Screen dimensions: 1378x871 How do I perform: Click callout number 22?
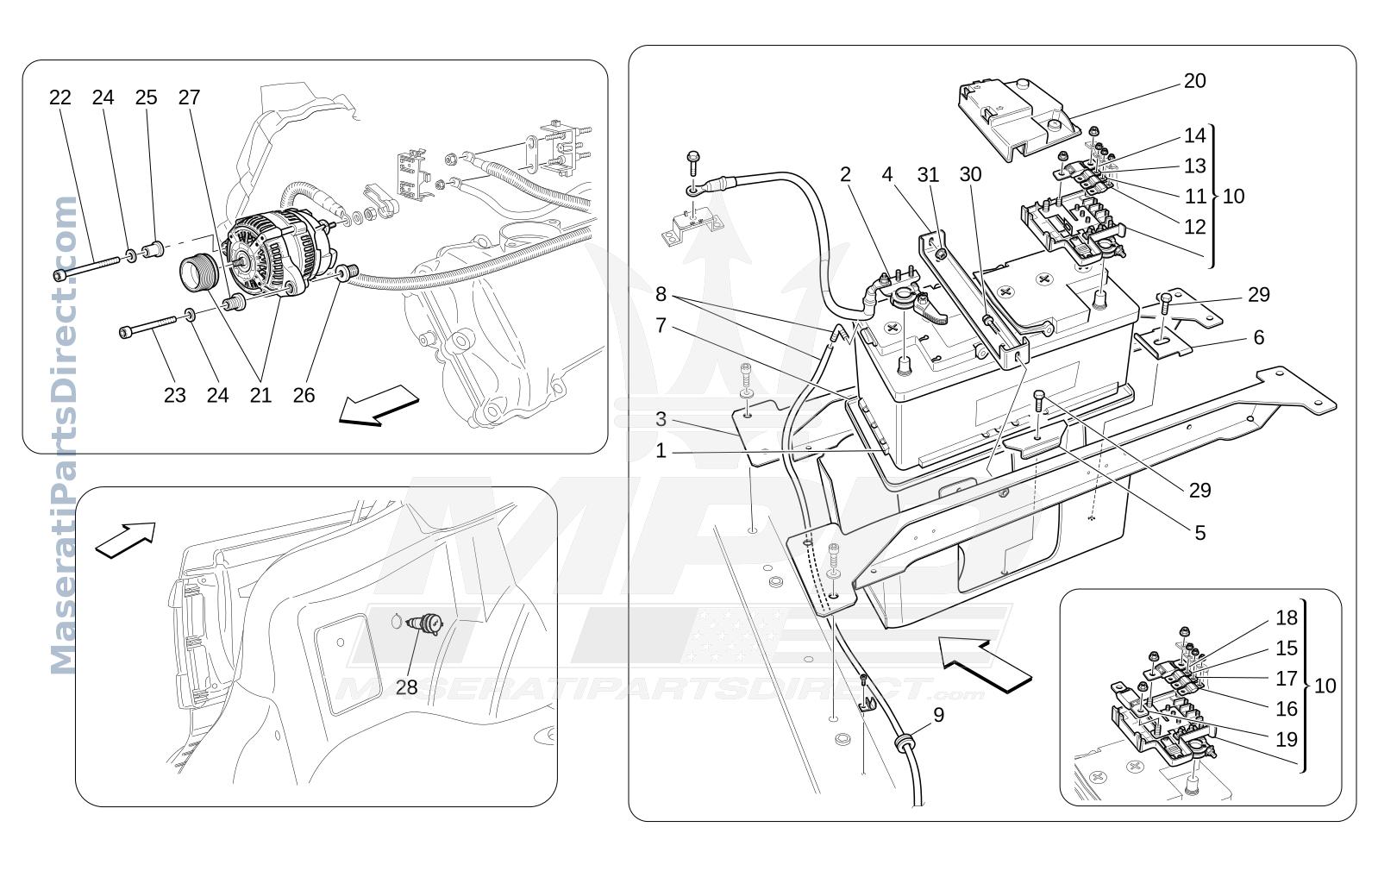60,97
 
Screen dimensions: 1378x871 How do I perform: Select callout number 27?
190,97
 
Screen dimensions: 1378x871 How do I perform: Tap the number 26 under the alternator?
304,395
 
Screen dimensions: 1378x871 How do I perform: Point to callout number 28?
407,687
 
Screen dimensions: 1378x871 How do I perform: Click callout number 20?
1194,80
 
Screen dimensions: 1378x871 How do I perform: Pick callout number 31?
929,175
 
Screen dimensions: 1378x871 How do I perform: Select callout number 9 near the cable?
938,715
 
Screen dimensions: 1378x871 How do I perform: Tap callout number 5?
1200,533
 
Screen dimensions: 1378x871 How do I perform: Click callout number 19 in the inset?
1287,739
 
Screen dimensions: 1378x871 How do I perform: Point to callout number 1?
661,451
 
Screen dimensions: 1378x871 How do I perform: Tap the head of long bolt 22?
60,275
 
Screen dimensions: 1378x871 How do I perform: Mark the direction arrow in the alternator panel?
379,405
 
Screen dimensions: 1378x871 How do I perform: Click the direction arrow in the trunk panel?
126,540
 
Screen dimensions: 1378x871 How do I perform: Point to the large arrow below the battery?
985,666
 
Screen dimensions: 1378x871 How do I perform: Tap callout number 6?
1259,337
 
